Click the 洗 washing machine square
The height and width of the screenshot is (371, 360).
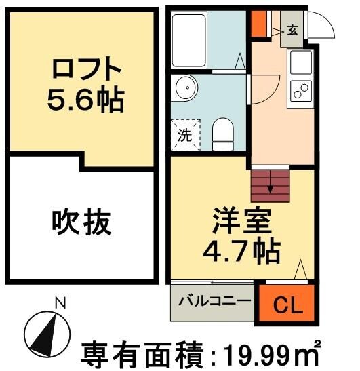tap(185, 134)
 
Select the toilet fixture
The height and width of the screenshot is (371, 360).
tap(222, 133)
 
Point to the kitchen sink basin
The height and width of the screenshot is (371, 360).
tap(301, 63)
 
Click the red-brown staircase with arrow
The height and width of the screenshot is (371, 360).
tap(271, 184)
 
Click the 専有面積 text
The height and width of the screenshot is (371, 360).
tap(142, 354)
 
